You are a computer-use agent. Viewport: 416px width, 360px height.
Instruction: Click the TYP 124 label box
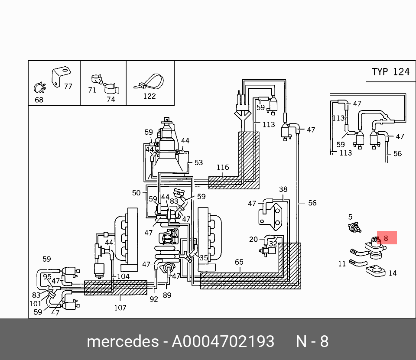[x=390, y=71]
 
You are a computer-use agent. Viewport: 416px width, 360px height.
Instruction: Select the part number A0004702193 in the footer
[x=223, y=341]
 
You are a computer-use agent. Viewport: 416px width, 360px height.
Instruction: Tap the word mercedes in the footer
[x=123, y=341]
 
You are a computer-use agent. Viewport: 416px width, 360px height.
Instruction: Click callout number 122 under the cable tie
[x=149, y=96]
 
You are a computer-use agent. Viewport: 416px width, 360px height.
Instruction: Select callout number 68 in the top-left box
[x=39, y=100]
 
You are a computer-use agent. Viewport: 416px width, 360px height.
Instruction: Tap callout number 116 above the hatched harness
[x=223, y=167]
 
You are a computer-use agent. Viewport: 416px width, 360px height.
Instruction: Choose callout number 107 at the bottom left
[x=120, y=308]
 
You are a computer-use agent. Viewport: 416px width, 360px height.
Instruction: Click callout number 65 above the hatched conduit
[x=239, y=262]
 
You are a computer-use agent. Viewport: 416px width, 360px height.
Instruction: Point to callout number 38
[x=283, y=189]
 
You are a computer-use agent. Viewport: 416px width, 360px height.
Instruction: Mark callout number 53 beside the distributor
[x=198, y=163]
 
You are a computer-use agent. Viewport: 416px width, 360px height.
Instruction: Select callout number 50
[x=136, y=193]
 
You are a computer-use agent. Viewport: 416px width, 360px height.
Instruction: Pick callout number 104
[x=123, y=276]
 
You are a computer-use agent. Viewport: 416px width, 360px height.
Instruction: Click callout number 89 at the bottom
[x=167, y=295]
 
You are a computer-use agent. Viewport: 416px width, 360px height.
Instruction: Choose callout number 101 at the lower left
[x=36, y=304]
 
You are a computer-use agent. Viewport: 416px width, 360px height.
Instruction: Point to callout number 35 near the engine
[x=204, y=258]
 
